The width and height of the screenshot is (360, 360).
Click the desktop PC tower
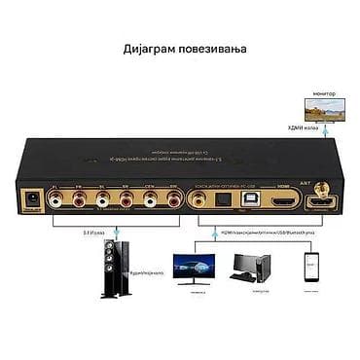pyautogui.click(x=257, y=269)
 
